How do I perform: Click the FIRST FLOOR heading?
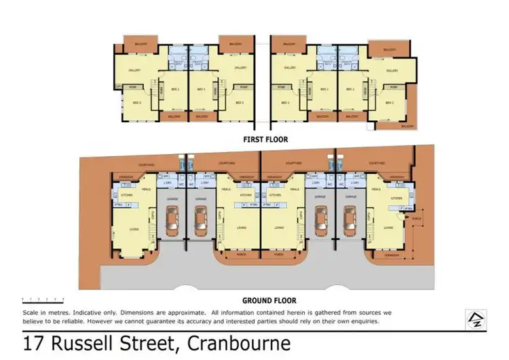[266, 139]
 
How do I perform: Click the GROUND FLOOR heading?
[269, 300]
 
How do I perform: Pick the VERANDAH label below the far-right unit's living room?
[392, 256]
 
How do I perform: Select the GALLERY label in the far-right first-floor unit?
[392, 70]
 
